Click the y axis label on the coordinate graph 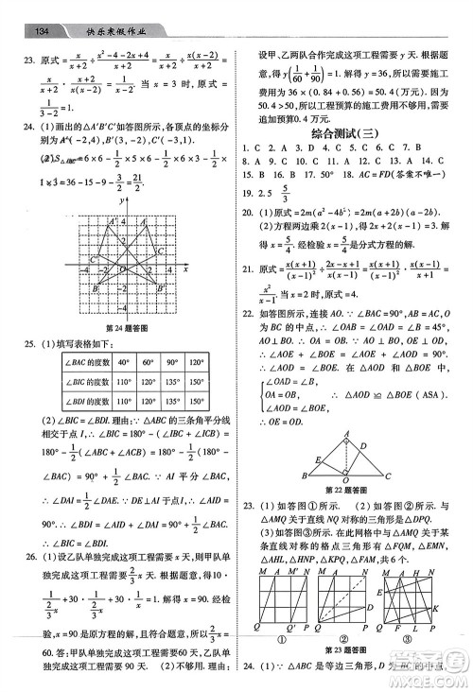pos(121,201)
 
